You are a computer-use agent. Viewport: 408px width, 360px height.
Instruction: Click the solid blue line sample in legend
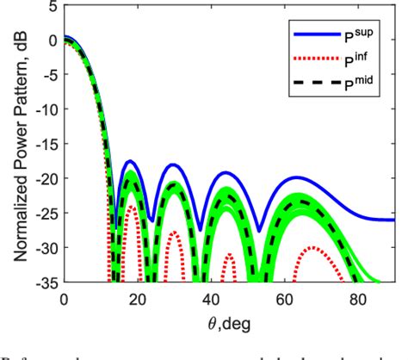314,37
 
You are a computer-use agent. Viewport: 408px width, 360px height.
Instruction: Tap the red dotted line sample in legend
314,61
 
